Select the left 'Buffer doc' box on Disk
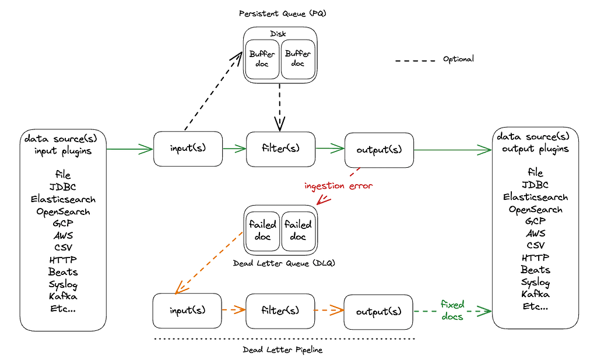(262, 59)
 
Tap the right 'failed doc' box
(298, 230)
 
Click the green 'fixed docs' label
(452, 310)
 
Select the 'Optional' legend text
(458, 59)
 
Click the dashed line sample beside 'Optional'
(415, 60)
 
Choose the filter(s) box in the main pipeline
(280, 148)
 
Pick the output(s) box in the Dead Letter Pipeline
(379, 311)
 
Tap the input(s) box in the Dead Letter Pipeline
(187, 310)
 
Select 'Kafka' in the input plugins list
(63, 297)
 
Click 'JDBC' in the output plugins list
(535, 185)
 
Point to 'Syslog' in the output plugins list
(535, 282)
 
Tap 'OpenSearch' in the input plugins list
(63, 211)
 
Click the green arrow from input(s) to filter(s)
(234, 149)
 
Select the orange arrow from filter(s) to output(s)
(329, 310)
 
